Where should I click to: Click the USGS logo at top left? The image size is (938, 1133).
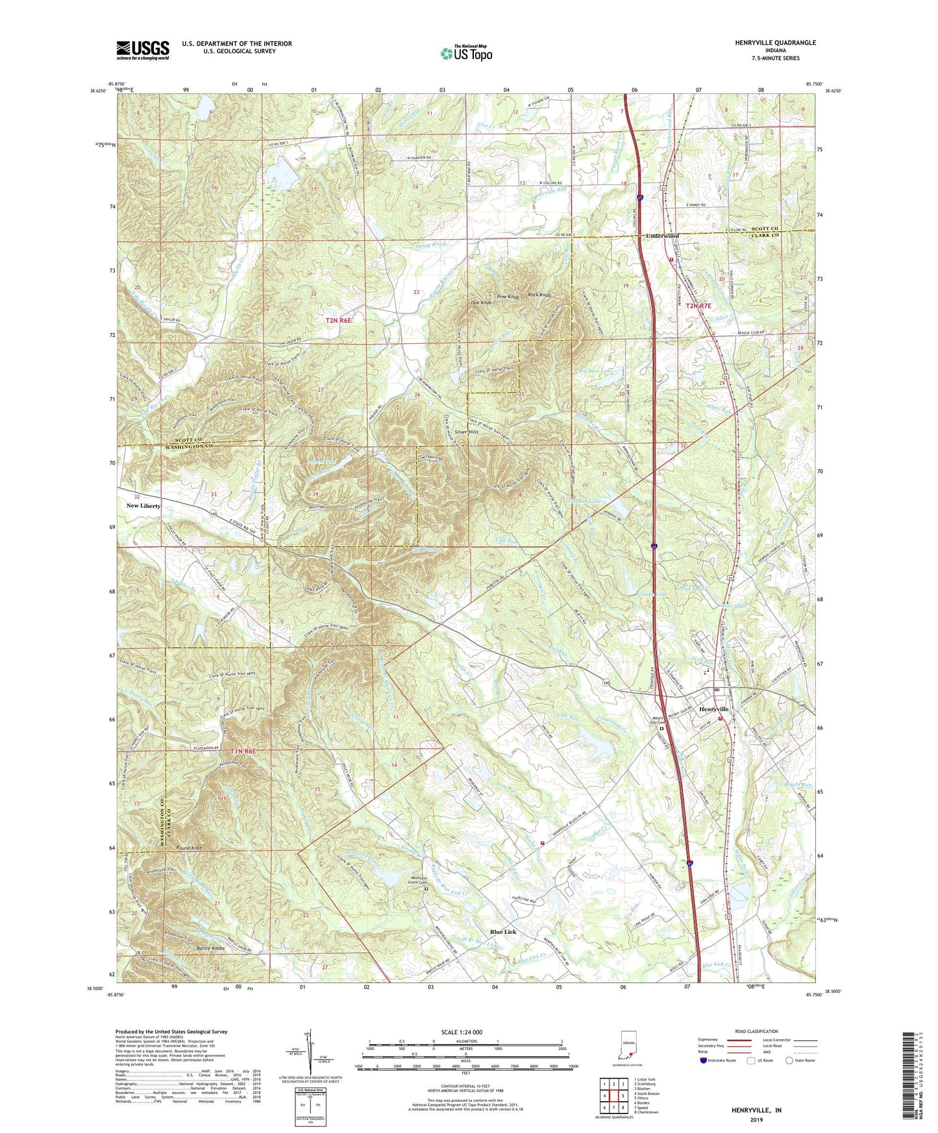click(143, 50)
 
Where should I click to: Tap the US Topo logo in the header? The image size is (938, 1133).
click(466, 53)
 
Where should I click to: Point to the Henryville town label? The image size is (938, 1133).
click(713, 709)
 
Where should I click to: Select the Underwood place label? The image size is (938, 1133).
click(661, 236)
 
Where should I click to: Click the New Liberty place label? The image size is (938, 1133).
click(143, 506)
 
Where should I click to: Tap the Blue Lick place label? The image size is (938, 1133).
click(503, 932)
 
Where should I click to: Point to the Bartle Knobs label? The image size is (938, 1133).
click(211, 949)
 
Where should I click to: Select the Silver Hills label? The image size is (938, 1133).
click(467, 432)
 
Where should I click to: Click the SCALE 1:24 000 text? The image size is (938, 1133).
click(462, 1032)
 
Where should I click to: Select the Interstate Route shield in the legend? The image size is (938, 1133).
click(704, 1060)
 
